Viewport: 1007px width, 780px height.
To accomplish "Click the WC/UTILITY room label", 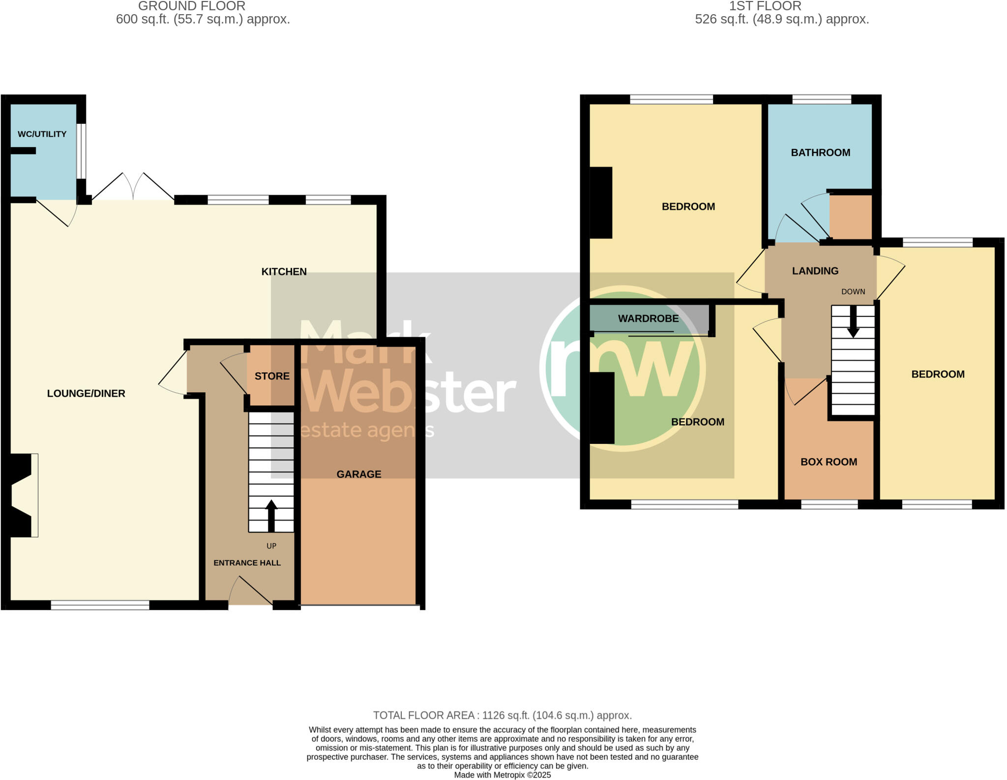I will tap(42, 134).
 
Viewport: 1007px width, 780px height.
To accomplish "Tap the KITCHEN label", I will tap(284, 272).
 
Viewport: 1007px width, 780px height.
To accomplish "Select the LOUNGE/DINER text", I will tap(86, 394).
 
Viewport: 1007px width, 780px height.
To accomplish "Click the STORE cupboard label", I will tap(272, 376).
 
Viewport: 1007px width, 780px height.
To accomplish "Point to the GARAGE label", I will tap(358, 474).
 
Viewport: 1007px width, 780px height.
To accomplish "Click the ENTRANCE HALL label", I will tap(247, 563).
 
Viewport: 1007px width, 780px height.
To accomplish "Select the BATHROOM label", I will tap(820, 153).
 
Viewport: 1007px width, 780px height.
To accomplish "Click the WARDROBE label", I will tap(648, 318).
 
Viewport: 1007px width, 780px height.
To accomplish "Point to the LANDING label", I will tap(815, 271).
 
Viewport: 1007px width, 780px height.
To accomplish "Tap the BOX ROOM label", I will tap(829, 462).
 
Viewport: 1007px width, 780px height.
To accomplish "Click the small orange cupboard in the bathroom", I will tap(851, 217).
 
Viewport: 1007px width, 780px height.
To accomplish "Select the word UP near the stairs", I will tap(271, 546).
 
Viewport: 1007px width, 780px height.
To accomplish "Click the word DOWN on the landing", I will tap(853, 292).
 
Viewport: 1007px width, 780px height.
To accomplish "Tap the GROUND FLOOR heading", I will tap(192, 6).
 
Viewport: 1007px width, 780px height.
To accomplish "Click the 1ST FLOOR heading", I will tap(765, 6).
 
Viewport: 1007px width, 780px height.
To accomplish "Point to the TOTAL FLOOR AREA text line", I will tap(502, 716).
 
